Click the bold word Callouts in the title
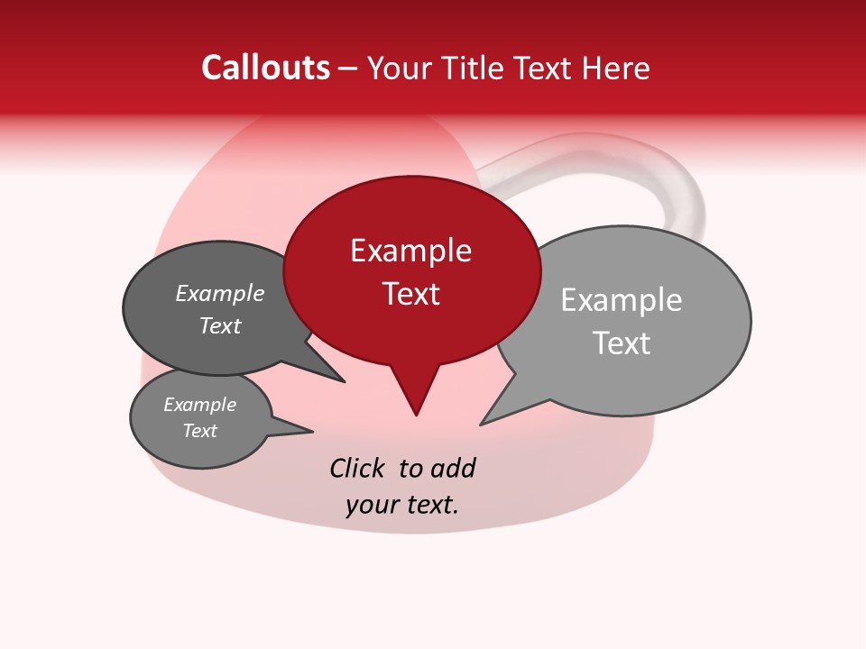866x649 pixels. pyautogui.click(x=265, y=68)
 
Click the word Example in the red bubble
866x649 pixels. pyautogui.click(x=410, y=251)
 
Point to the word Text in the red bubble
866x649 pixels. pyautogui.click(x=410, y=294)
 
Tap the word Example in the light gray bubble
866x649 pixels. pyautogui.click(x=621, y=300)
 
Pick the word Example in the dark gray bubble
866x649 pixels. pyautogui.click(x=219, y=294)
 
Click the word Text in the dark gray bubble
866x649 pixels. pyautogui.click(x=219, y=326)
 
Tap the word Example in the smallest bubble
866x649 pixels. pyautogui.click(x=199, y=405)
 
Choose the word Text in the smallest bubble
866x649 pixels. pyautogui.click(x=199, y=431)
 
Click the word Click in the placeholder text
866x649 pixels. pyautogui.click(x=356, y=469)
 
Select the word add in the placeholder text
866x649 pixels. pyautogui.click(x=453, y=469)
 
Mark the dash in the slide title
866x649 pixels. pyautogui.click(x=349, y=69)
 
